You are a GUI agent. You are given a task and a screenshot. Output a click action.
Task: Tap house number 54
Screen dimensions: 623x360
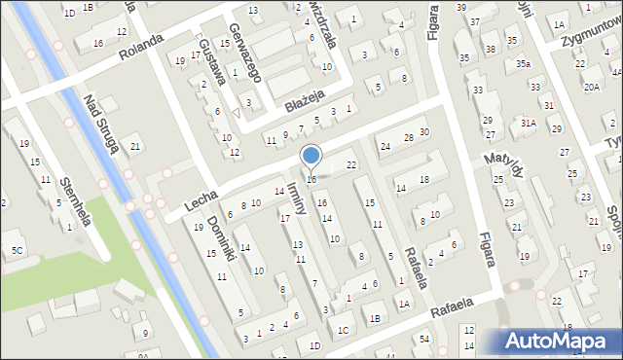424,338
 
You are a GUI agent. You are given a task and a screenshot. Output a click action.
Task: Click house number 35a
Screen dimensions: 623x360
523,64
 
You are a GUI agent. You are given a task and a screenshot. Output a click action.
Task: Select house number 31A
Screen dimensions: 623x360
528,123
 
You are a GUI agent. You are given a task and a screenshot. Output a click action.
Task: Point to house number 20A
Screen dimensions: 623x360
591,87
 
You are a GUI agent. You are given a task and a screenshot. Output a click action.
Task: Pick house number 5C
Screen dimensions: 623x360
17,250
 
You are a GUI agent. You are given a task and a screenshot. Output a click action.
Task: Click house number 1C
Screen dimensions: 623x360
343,330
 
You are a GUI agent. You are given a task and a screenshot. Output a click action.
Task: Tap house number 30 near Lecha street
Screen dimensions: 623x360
423,131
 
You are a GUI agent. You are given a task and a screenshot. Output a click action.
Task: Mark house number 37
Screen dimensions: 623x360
475,21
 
